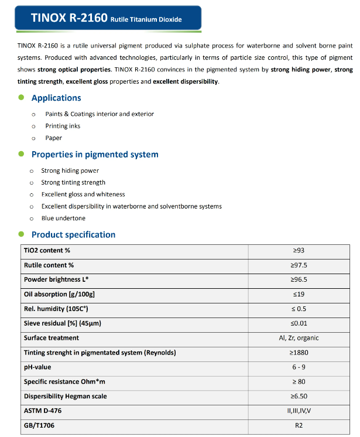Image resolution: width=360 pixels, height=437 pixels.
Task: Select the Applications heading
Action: click(x=56, y=98)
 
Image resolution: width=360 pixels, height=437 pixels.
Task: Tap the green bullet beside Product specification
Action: click(x=22, y=234)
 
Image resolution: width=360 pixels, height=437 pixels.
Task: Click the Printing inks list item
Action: click(x=63, y=126)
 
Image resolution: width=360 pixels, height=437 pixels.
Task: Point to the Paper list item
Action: click(x=53, y=138)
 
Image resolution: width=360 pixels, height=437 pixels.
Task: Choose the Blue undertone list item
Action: click(x=63, y=218)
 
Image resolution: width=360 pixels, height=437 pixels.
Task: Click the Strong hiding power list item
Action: click(x=70, y=170)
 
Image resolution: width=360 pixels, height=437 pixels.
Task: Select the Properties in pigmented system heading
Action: click(x=95, y=155)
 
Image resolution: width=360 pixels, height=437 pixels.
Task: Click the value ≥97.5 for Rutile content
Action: click(x=299, y=265)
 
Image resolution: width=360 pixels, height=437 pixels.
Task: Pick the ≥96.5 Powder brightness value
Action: click(x=299, y=279)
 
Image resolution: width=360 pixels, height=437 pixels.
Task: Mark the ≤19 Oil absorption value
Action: click(x=299, y=294)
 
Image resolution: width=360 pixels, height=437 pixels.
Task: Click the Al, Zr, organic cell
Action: click(x=299, y=338)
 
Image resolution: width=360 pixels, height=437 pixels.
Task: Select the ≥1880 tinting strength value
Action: click(x=299, y=353)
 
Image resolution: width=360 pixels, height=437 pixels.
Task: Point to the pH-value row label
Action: click(x=37, y=367)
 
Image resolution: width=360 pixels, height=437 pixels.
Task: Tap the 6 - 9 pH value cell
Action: click(x=299, y=367)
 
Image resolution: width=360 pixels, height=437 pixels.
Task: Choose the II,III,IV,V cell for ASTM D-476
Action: click(x=299, y=411)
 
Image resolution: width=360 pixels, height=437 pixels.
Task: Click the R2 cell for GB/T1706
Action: click(x=299, y=425)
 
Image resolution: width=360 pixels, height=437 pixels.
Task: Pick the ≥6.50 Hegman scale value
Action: click(x=299, y=397)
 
